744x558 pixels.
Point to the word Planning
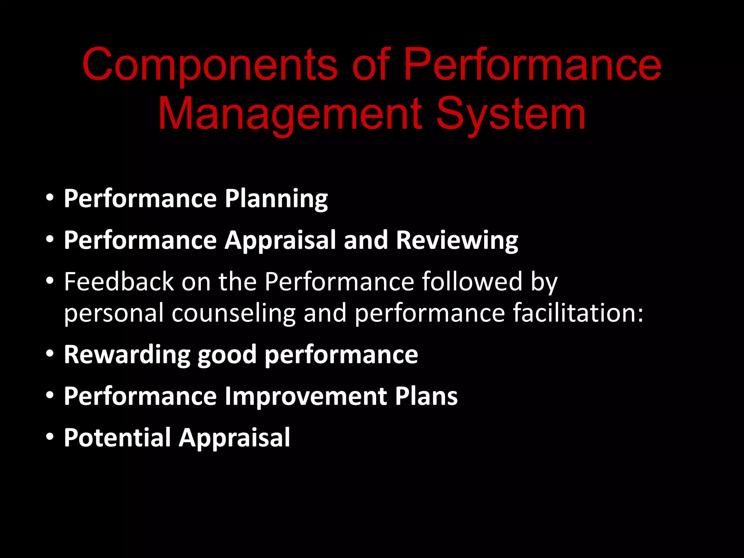coord(276,199)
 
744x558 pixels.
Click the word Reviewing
coord(457,240)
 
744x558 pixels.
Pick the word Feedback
coord(119,282)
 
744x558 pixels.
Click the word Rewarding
coord(127,355)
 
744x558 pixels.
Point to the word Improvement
coord(306,396)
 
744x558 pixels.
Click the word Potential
coord(117,437)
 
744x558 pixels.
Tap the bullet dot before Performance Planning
coord(50,198)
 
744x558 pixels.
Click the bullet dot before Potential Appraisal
coord(50,437)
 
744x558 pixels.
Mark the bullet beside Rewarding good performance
coord(50,354)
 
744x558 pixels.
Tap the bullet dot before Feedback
coord(50,281)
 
